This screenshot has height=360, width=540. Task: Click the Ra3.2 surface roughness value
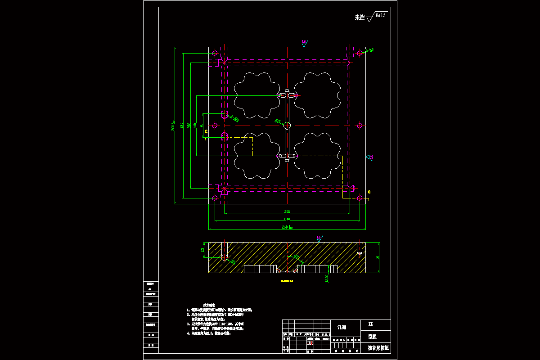380,15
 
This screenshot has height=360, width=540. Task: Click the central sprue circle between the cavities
287,126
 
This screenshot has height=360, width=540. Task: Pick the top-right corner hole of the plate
359,53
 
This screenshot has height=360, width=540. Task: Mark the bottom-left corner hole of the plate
215,198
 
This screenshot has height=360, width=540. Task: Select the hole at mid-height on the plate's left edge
215,126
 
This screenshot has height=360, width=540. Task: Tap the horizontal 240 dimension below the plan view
287,219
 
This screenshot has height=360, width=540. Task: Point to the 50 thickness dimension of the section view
377,257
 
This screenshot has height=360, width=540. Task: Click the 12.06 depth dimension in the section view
327,279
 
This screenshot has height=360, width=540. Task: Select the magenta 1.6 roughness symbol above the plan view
305,42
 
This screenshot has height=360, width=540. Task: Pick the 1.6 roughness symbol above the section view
319,238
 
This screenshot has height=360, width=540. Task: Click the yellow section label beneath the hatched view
287,281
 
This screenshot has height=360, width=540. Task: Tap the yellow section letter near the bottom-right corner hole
369,192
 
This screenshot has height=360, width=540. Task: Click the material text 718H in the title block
342,327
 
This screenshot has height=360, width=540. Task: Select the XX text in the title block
371,324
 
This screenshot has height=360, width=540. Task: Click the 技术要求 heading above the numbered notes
211,305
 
